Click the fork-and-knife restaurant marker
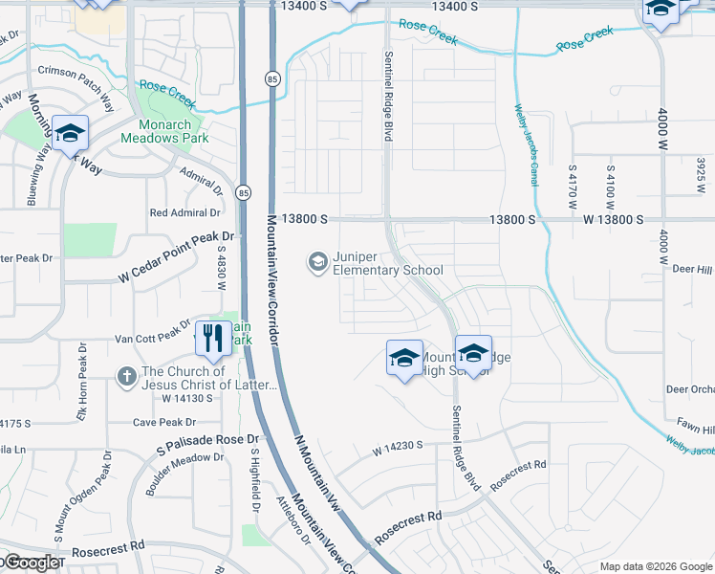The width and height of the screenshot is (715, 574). [x=212, y=339]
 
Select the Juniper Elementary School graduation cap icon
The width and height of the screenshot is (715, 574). [x=316, y=260]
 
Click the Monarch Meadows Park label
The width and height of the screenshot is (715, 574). [x=164, y=131]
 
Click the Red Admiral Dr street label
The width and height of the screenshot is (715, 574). [x=185, y=212]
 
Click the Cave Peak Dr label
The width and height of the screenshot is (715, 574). [x=163, y=422]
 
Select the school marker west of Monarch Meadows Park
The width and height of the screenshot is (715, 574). [x=71, y=134]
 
